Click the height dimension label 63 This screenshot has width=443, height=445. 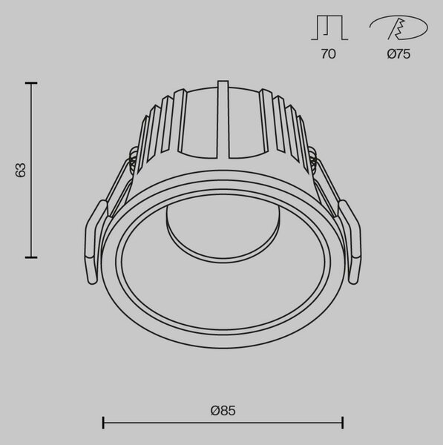coord(21,171)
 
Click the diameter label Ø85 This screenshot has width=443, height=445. coord(223,411)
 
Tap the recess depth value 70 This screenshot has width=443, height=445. coord(328,54)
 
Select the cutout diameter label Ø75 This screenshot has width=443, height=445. coord(398,54)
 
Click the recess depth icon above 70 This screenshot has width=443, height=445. coord(329,27)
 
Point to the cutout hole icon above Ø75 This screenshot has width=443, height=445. coord(398,27)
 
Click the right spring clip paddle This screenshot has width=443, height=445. coord(351,241)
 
